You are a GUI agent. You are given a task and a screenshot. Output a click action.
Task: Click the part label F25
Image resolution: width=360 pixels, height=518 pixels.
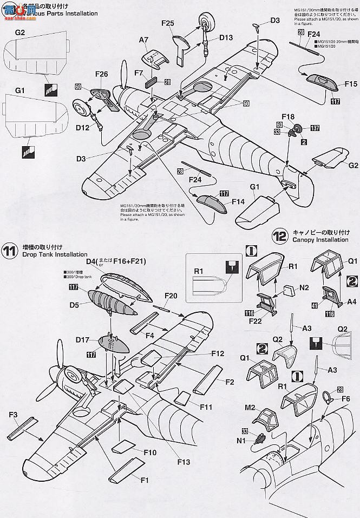[x=167, y=23]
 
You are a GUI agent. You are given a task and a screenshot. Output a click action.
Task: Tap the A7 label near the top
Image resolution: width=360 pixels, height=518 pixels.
[x=143, y=40]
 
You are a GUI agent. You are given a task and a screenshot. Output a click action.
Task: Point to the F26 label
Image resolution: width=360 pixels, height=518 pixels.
[x=101, y=74]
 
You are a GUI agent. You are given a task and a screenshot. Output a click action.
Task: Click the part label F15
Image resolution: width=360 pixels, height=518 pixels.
[x=350, y=84]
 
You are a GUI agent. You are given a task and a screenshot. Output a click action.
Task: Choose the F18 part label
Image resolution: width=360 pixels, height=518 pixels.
[x=288, y=116]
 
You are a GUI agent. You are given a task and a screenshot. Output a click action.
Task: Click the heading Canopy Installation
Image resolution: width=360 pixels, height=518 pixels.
[x=319, y=239]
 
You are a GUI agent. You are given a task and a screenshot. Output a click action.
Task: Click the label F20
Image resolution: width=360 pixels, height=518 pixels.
[x=171, y=296]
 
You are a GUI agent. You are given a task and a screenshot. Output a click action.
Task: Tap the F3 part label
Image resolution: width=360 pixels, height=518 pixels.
[x=14, y=415]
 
